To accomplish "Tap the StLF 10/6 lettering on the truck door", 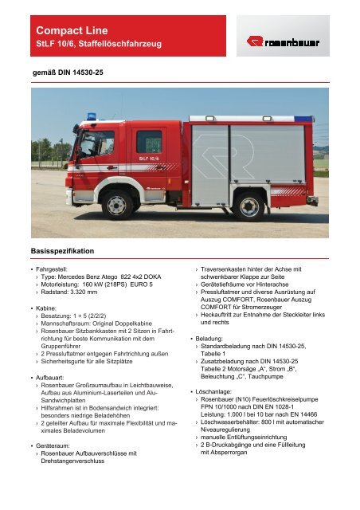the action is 149,159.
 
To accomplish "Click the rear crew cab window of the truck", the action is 149,141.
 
